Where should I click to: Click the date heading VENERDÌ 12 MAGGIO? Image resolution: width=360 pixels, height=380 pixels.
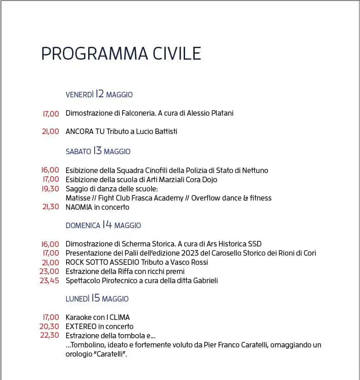[99, 95]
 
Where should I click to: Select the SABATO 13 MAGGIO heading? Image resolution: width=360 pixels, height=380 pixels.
[98, 151]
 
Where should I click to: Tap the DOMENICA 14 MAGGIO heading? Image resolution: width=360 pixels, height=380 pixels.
[103, 225]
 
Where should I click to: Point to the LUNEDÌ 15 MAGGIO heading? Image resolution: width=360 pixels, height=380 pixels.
[97, 299]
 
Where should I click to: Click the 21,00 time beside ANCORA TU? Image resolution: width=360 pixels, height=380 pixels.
[51, 131]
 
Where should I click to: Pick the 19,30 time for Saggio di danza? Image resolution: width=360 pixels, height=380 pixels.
[51, 189]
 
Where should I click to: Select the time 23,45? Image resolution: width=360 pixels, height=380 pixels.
[50, 280]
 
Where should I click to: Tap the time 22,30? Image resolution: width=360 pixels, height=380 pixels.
[50, 335]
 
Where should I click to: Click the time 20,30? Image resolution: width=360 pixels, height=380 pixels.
[50, 326]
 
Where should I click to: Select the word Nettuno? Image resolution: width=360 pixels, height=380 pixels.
[254, 170]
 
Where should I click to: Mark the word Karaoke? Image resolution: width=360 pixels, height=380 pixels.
[79, 317]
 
